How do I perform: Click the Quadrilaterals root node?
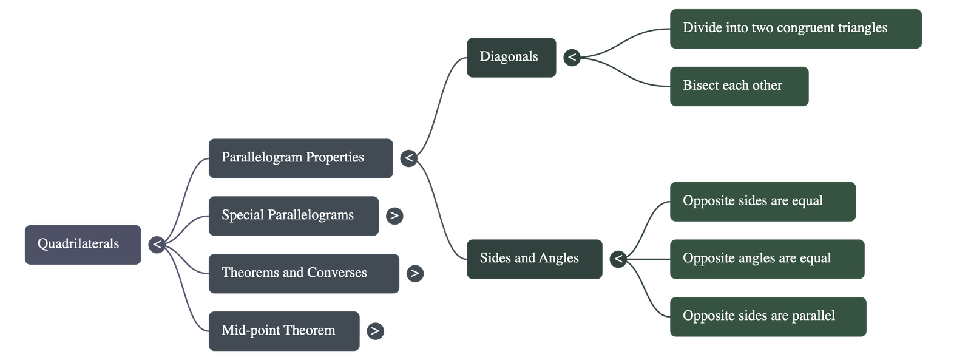pyautogui.click(x=83, y=245)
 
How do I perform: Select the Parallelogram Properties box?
pyautogui.click(x=300, y=158)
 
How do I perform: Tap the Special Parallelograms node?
pyautogui.click(x=293, y=216)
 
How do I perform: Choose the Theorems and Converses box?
pyautogui.click(x=303, y=273)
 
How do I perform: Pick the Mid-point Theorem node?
pyautogui.click(x=283, y=331)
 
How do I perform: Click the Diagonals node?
pyautogui.click(x=511, y=57)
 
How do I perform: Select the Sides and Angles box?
pyautogui.click(x=534, y=259)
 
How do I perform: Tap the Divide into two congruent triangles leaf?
pyautogui.click(x=795, y=28)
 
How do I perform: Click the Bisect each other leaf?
pyautogui.click(x=739, y=86)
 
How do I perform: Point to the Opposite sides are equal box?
pyautogui.click(x=762, y=201)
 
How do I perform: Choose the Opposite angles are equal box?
pyautogui.click(x=766, y=259)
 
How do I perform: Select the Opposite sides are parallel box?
pyautogui.click(x=768, y=316)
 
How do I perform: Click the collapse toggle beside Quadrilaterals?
pyautogui.click(x=157, y=245)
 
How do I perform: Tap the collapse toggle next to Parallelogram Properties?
pyautogui.click(x=409, y=158)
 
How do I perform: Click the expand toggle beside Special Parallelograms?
pyautogui.click(x=394, y=216)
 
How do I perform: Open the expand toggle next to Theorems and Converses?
pyautogui.click(x=415, y=273)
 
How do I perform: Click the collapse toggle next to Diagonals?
pyautogui.click(x=572, y=58)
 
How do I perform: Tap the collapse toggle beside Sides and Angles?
pyautogui.click(x=618, y=259)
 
